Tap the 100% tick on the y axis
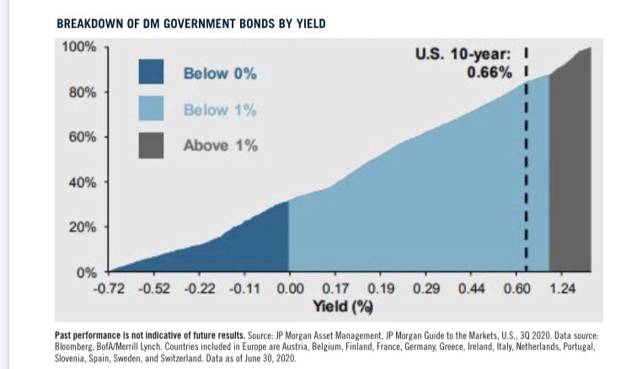pos(80,45)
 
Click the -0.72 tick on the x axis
pos(108,289)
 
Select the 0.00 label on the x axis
pos(290,289)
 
